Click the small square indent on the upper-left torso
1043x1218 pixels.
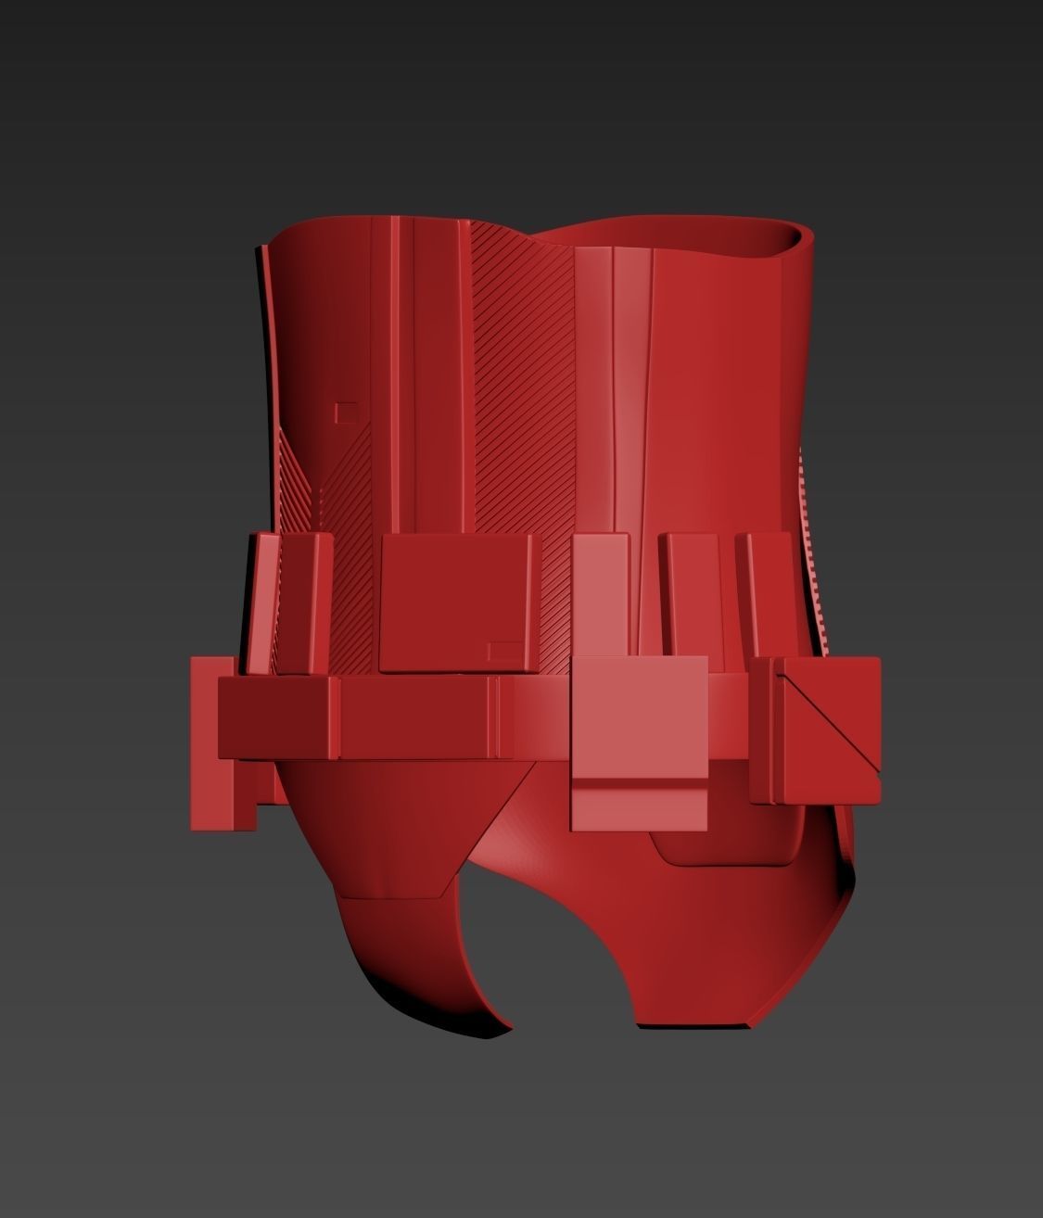tap(346, 412)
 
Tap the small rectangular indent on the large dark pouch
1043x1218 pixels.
tap(504, 650)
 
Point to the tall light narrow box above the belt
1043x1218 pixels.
tap(601, 593)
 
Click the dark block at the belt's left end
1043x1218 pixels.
tap(278, 716)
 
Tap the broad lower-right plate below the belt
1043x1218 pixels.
tap(742, 927)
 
